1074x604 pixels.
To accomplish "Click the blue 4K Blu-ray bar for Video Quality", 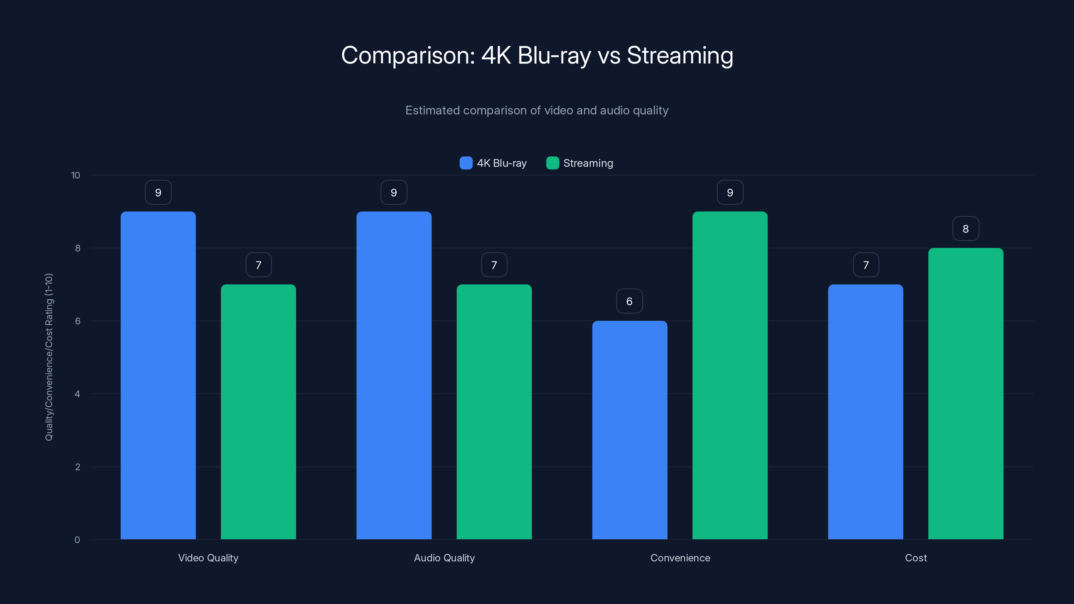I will pos(158,375).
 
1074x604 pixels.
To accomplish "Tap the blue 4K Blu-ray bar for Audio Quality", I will pos(394,375).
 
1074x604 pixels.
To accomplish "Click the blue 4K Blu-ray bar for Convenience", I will pos(630,430).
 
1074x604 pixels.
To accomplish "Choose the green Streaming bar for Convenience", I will pos(730,375).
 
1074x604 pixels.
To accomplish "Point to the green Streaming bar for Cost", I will pos(966,394).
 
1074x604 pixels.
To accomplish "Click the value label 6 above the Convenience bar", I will pos(630,301).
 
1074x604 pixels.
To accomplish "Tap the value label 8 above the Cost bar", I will pos(966,229).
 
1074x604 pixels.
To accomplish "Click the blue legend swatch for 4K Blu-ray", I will pos(466,163).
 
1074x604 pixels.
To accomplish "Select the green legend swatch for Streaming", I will pos(552,163).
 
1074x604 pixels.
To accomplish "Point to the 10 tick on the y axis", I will pos(76,175).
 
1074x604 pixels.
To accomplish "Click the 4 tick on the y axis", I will pos(77,394).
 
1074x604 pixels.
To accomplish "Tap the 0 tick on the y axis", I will pos(77,540).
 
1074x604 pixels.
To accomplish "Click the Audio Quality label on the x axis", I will pos(444,558).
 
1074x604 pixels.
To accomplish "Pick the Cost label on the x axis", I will pos(916,558).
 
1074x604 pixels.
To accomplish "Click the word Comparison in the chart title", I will pos(408,55).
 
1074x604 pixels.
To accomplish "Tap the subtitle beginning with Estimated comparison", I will pos(537,110).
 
